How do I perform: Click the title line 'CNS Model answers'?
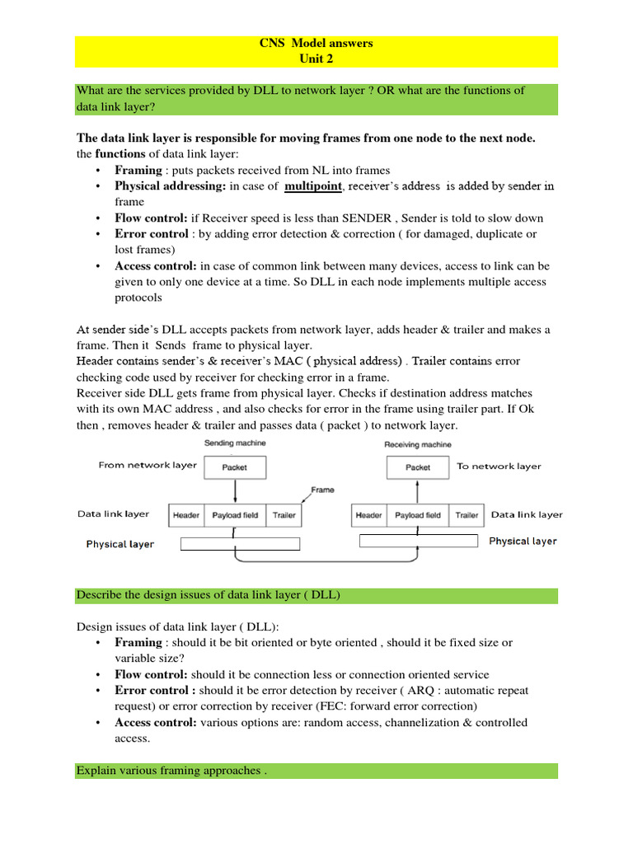316,43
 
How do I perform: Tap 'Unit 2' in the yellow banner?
316,59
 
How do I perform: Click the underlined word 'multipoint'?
312,186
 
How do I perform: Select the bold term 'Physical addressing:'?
171,186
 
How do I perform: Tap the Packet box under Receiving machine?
418,467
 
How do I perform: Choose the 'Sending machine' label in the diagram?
234,443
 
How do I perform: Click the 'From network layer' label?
148,465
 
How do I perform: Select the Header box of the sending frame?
185,515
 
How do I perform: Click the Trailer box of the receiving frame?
467,515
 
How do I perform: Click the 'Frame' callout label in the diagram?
322,490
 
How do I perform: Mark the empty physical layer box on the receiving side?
419,541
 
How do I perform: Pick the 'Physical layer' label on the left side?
120,544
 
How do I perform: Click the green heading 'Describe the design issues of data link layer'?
209,595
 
